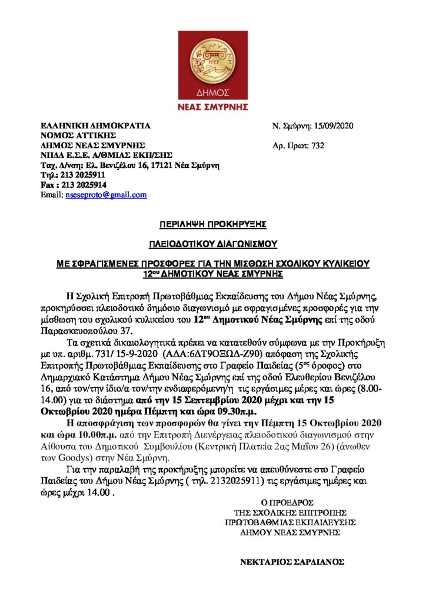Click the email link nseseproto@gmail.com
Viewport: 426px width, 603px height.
(x=106, y=195)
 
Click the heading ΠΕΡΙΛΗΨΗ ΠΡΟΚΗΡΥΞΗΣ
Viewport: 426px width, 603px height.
(x=213, y=224)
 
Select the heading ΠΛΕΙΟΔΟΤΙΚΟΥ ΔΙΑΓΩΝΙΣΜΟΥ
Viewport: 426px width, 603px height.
(x=213, y=243)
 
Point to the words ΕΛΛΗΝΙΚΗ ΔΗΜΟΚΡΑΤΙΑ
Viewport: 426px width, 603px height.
(x=95, y=125)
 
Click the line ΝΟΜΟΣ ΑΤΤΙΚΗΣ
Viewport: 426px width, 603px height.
(x=73, y=135)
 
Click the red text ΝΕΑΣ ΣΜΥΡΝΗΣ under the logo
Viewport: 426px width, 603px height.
(x=213, y=107)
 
